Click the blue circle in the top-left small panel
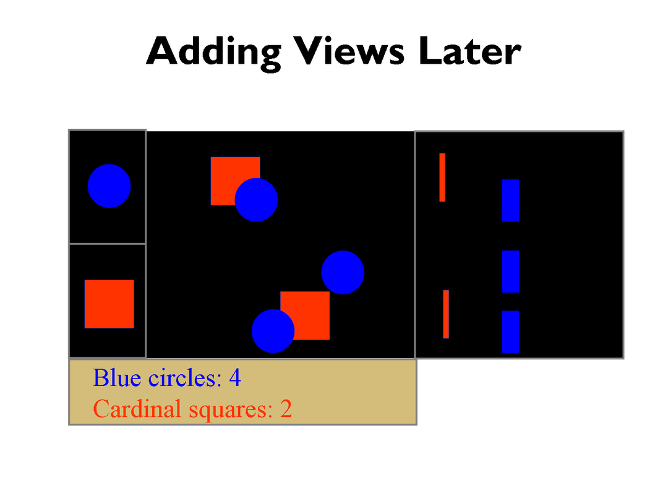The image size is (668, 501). tap(109, 186)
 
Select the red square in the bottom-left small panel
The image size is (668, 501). tap(109, 304)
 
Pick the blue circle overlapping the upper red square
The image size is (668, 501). tap(256, 200)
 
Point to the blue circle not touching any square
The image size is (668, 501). tap(343, 272)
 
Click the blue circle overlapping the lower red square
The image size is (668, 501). tap(272, 331)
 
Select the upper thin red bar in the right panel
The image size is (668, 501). tap(442, 177)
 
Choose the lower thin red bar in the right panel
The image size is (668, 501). tap(446, 314)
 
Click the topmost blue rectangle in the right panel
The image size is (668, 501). tap(510, 200)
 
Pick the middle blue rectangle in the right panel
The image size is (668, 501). tap(510, 272)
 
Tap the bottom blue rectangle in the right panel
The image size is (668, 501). tap(510, 332)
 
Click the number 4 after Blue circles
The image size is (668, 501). tap(234, 377)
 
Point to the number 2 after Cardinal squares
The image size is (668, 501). tap(286, 409)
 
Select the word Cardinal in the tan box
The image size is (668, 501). tap(131, 409)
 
